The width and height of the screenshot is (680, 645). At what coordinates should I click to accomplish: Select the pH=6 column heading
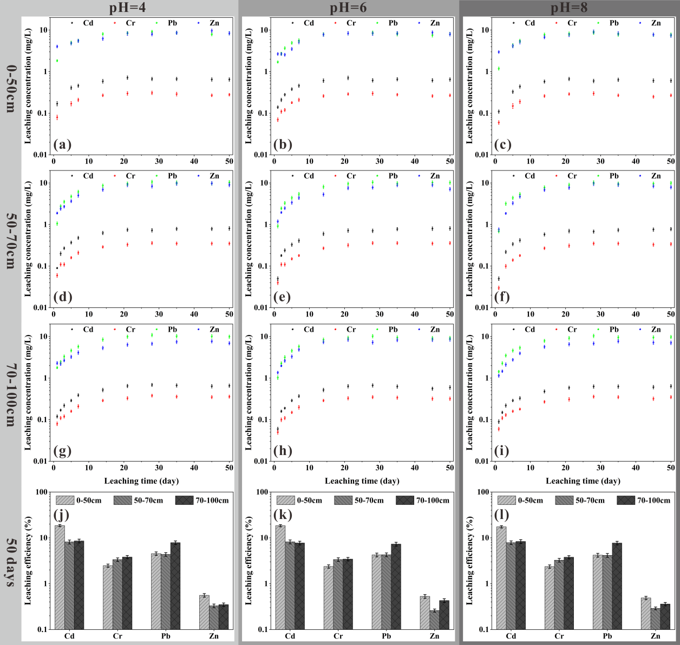pyautogui.click(x=348, y=8)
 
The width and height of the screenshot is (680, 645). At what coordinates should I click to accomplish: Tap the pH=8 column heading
pyautogui.click(x=569, y=8)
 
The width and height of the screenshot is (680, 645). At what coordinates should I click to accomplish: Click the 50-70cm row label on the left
pyautogui.click(x=10, y=240)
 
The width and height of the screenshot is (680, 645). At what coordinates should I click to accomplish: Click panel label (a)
pyautogui.click(x=63, y=144)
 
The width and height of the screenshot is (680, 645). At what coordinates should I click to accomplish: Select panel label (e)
pyautogui.click(x=283, y=297)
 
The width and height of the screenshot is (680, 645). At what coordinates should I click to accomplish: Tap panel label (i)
pyautogui.click(x=504, y=451)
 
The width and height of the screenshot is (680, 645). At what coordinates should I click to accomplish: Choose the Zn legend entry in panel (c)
pyautogui.click(x=656, y=23)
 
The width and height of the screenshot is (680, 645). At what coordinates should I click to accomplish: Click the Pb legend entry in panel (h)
pyautogui.click(x=393, y=329)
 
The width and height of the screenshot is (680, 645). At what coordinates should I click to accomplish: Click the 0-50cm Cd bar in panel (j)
pyautogui.click(x=60, y=577)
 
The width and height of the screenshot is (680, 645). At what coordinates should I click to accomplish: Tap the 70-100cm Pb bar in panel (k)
pyautogui.click(x=396, y=587)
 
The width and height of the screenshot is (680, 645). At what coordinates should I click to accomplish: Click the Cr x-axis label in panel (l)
pyautogui.click(x=559, y=636)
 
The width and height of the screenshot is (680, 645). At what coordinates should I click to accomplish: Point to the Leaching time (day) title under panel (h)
pyautogui.click(x=362, y=481)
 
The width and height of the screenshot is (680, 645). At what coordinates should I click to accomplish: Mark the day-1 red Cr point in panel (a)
pyautogui.click(x=57, y=117)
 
